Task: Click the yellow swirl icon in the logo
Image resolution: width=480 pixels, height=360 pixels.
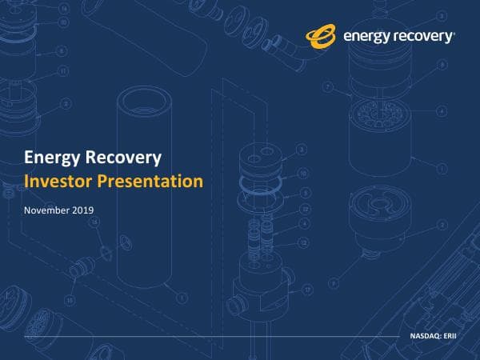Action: (x=322, y=36)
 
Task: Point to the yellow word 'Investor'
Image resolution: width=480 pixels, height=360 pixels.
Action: (x=58, y=182)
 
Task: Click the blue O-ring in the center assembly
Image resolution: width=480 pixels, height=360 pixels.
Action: (x=259, y=183)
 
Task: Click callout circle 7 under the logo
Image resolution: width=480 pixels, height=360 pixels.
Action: (x=328, y=86)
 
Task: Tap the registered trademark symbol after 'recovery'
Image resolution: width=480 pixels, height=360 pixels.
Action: (x=455, y=33)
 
